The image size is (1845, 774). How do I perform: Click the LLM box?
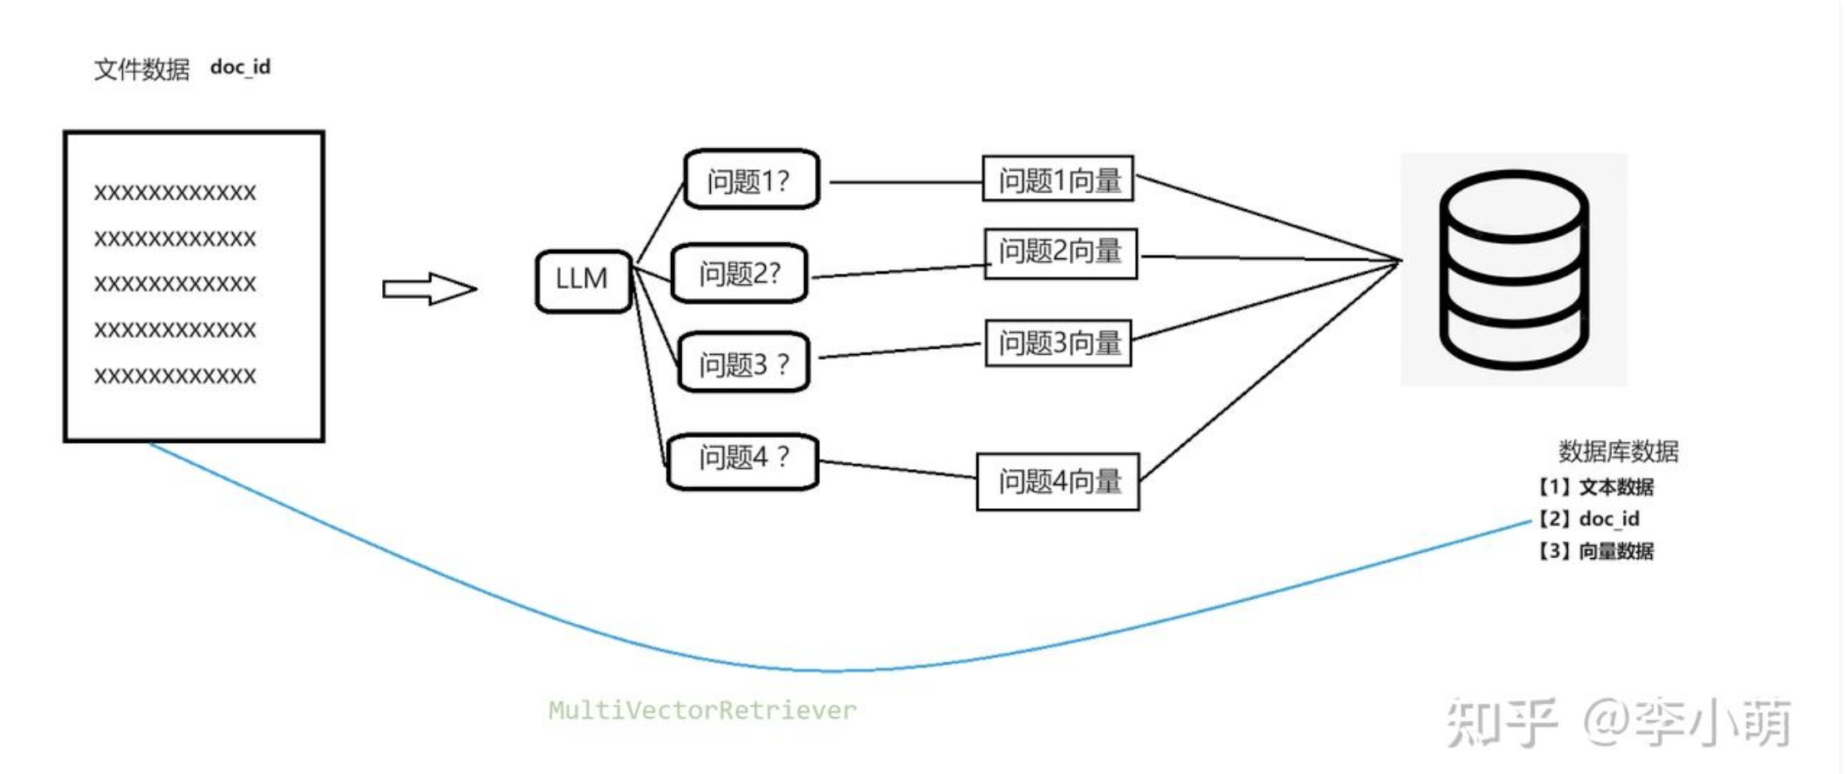click(x=584, y=281)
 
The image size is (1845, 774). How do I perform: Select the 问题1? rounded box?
click(x=751, y=179)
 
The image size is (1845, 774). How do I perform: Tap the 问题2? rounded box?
click(x=739, y=273)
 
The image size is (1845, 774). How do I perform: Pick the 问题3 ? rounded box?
click(x=744, y=362)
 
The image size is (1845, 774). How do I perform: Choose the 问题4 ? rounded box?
click(x=743, y=462)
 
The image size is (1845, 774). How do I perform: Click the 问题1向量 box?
click(x=1058, y=178)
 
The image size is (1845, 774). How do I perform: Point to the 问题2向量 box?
click(x=1061, y=253)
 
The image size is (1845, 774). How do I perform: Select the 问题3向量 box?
click(x=1059, y=343)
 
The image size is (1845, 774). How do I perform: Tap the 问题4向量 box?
click(x=1058, y=481)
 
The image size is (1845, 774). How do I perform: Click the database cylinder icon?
click(x=1514, y=269)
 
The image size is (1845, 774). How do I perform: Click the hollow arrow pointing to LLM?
click(x=429, y=289)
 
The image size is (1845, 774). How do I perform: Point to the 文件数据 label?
click(x=141, y=69)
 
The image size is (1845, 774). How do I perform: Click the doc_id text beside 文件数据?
click(x=241, y=67)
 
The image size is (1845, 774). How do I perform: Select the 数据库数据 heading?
click(x=1618, y=451)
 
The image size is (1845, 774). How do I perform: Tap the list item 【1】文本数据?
click(x=1595, y=487)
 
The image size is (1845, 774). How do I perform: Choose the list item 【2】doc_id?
click(x=1588, y=518)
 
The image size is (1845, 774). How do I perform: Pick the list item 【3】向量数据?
click(x=1595, y=550)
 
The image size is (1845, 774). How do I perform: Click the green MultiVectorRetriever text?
click(x=702, y=710)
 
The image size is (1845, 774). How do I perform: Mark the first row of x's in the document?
click(x=175, y=193)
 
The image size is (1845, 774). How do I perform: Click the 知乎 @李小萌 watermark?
click(x=1618, y=722)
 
